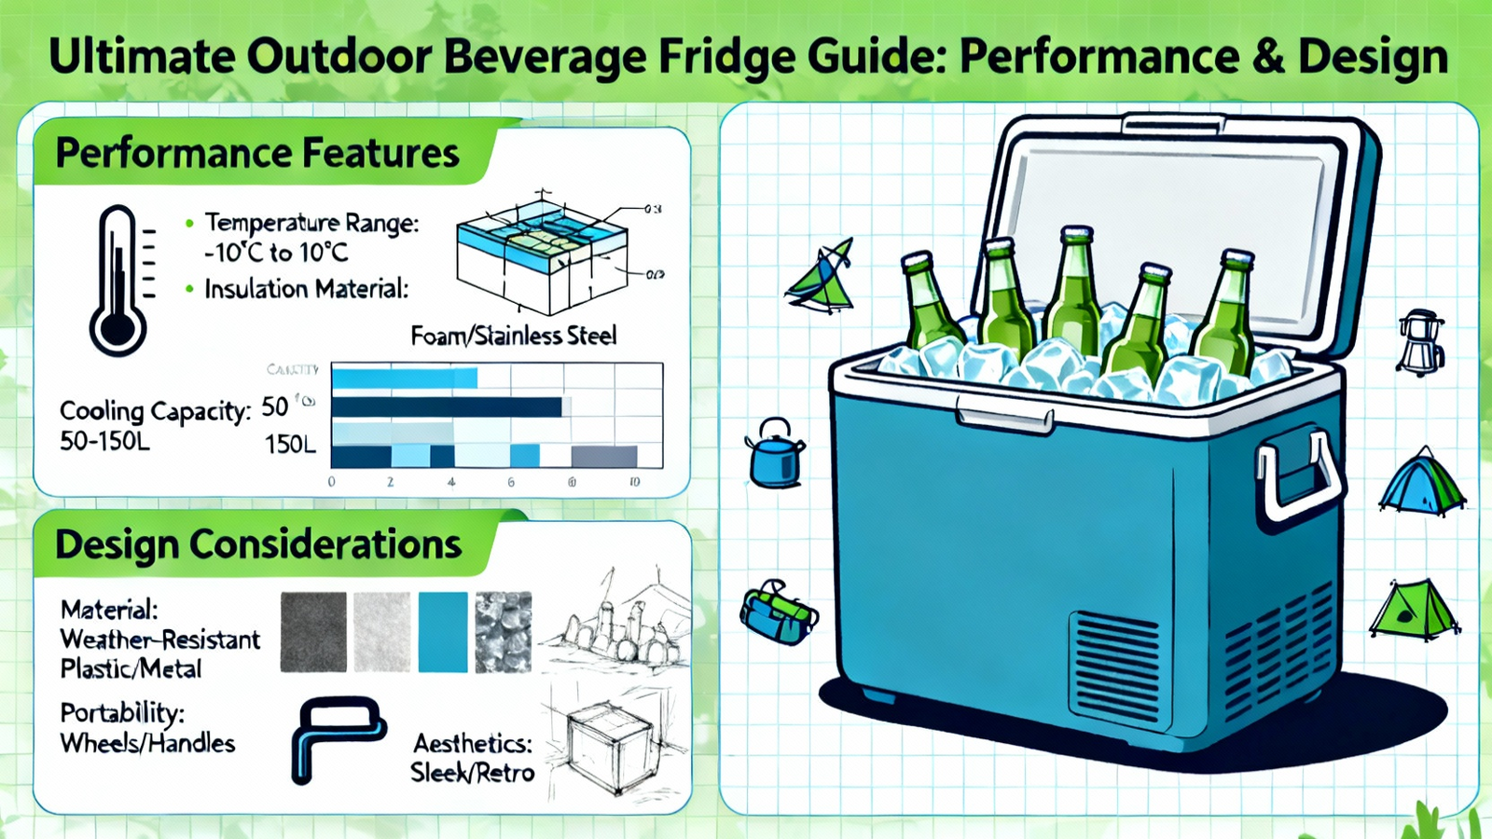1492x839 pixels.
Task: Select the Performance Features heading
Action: [256, 154]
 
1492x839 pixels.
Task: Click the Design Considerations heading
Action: [258, 544]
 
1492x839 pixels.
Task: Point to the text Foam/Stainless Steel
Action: [514, 336]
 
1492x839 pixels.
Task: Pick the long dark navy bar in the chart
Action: [447, 407]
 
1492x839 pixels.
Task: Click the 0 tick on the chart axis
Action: [332, 482]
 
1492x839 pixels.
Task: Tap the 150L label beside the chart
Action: [290, 445]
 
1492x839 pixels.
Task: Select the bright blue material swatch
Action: [443, 632]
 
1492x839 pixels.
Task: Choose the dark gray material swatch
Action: [313, 632]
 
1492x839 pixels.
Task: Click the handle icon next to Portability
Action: [336, 736]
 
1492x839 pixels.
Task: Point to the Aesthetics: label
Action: [473, 744]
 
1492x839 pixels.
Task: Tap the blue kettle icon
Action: [775, 453]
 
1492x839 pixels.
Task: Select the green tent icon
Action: [1414, 609]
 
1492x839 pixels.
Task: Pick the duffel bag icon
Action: [778, 613]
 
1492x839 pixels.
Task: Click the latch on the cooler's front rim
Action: [1004, 419]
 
